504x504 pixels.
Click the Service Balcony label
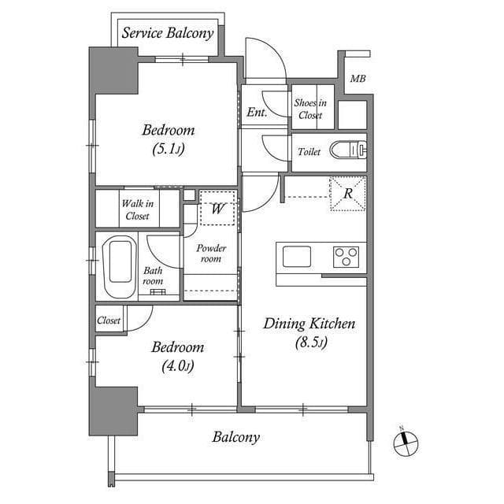coord(167,33)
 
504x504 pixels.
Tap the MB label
coord(358,79)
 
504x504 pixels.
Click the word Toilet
coord(309,152)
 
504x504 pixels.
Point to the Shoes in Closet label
coord(309,109)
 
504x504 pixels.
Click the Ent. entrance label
coord(257,113)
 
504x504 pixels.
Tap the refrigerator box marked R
coord(347,194)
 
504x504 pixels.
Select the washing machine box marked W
coord(217,208)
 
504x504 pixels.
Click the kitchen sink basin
coord(297,257)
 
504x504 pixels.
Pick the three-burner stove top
coord(346,257)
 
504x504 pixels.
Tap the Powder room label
coord(211,254)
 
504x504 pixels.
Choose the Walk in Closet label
coord(137,209)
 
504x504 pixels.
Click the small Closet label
coord(109,321)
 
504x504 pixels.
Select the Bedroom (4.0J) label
coord(177,355)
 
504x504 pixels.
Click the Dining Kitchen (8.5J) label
coord(309,332)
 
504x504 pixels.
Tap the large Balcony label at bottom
coord(235,437)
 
